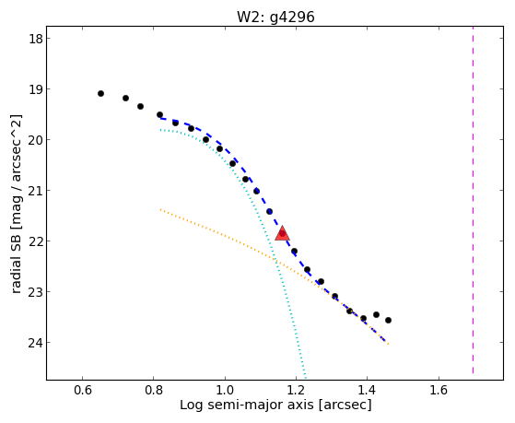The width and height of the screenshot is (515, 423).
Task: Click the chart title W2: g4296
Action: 275,17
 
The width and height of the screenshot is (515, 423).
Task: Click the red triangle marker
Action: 282,233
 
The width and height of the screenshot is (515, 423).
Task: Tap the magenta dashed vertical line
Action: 473,200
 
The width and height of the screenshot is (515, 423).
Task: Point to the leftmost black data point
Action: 100,94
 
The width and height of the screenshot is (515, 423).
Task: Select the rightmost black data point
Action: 388,320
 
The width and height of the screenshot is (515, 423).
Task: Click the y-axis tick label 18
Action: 35,39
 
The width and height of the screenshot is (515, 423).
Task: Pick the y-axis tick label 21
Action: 35,191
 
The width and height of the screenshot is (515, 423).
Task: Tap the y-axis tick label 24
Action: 35,343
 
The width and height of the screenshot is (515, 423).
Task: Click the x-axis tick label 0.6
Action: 82,390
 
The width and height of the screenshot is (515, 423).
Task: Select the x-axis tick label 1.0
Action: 225,390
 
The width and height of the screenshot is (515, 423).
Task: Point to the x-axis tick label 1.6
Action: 439,390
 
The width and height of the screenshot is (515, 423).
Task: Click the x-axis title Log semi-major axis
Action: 247,405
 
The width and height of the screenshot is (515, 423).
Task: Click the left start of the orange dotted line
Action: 160,209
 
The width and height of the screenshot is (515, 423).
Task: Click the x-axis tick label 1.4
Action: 368,390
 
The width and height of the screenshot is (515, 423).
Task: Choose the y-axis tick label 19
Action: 35,89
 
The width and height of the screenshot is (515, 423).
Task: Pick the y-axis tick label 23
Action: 35,292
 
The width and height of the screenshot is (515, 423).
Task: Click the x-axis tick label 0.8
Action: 154,390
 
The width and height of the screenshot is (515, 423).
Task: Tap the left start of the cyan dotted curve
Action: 160,130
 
